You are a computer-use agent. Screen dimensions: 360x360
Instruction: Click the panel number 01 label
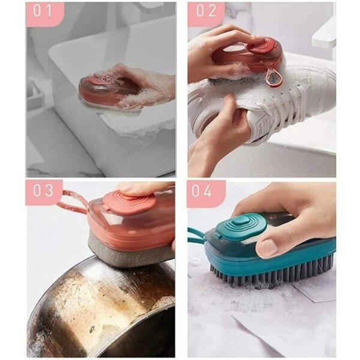tap(43, 11)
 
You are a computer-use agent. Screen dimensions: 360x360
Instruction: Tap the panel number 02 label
tap(206, 11)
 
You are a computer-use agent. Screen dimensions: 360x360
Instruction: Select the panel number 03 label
tap(43, 190)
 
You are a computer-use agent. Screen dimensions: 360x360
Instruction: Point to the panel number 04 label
tap(202, 191)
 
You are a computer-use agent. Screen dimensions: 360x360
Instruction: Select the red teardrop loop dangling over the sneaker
tap(273, 78)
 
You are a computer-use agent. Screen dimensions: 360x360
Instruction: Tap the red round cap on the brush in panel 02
tap(262, 47)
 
